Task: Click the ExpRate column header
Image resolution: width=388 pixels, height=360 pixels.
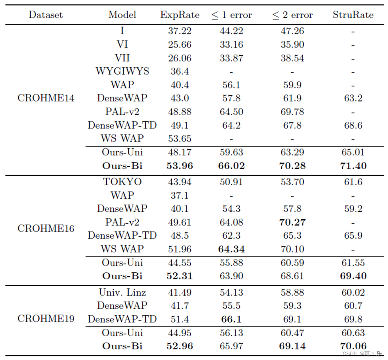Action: pos(180,15)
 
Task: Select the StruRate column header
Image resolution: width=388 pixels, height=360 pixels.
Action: pos(353,15)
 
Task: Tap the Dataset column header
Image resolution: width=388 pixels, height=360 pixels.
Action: pos(46,15)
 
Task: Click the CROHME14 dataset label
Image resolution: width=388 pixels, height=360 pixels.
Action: pos(46,98)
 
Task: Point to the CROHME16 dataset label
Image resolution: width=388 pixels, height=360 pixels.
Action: pos(46,228)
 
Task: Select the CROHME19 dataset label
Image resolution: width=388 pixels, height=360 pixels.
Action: pos(46,319)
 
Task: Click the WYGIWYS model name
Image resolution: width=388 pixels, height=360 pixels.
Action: pos(122,71)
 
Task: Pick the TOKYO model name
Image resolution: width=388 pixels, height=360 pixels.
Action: pos(122,182)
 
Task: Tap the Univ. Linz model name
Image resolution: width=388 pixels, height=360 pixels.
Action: pos(122,292)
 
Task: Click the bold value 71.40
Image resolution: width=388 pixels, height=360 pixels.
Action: pos(353,166)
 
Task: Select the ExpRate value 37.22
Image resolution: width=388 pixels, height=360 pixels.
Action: pos(180,31)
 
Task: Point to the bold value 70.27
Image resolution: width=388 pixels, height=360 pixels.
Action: pos(292,222)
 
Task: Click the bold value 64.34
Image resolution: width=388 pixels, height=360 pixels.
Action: pos(231,249)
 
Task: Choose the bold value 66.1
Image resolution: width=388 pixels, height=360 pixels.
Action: pos(231,319)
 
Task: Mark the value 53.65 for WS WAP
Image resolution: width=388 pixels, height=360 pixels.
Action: pos(180,139)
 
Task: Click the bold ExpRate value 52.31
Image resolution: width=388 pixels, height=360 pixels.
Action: pos(180,276)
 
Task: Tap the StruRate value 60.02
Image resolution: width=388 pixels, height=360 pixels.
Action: pos(353,292)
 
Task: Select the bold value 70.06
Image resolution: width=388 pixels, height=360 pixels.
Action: pos(353,346)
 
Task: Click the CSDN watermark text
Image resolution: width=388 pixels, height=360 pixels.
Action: pos(362,354)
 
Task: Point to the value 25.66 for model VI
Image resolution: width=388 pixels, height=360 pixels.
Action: pos(180,45)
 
